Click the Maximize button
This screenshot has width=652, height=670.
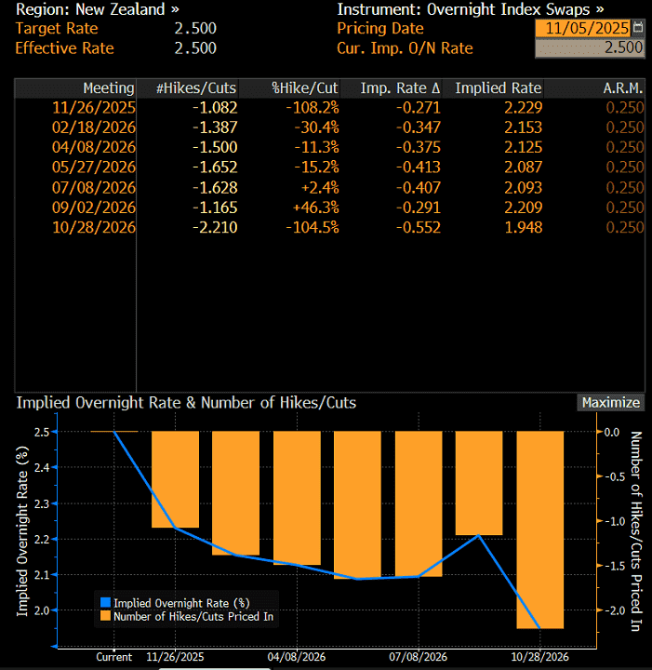[x=610, y=403]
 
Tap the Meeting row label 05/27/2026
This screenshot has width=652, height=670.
[x=95, y=167]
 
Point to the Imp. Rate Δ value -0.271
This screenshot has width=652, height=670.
[x=417, y=108]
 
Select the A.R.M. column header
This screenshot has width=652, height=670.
[x=623, y=88]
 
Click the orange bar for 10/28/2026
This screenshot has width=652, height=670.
[x=540, y=530]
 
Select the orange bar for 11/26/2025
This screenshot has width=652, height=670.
[x=175, y=480]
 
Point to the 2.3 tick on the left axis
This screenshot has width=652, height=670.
[x=42, y=503]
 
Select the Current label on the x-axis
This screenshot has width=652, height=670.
[x=114, y=656]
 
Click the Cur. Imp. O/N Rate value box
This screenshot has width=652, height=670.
[x=591, y=48]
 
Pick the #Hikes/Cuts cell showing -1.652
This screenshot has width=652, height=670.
[x=216, y=167]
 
